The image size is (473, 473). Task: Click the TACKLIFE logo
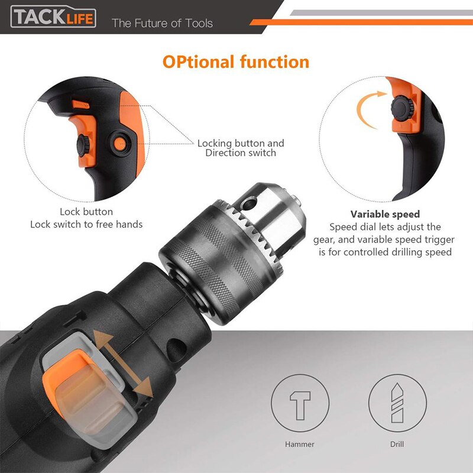[53, 18]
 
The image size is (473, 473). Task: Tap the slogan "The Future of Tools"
[162, 24]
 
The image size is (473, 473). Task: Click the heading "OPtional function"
[236, 62]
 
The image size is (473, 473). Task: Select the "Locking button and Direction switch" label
[241, 148]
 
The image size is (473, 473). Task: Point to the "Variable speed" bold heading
[385, 214]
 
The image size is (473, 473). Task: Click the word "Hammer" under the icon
[300, 444]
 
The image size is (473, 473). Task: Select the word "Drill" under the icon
[397, 444]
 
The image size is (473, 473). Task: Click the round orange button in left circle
[121, 142]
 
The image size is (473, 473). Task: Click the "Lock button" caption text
[86, 212]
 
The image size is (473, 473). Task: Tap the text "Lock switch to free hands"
[86, 224]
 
